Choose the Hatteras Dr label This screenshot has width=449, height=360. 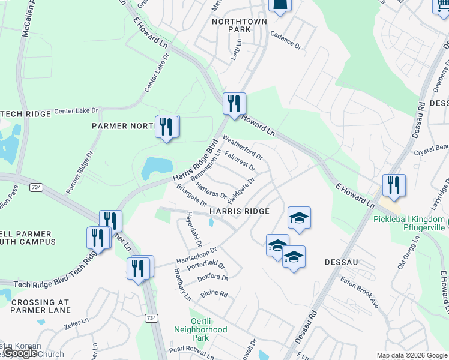[x=210, y=191]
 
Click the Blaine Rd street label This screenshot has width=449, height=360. [x=214, y=294]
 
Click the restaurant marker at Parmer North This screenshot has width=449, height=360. [x=167, y=127]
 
